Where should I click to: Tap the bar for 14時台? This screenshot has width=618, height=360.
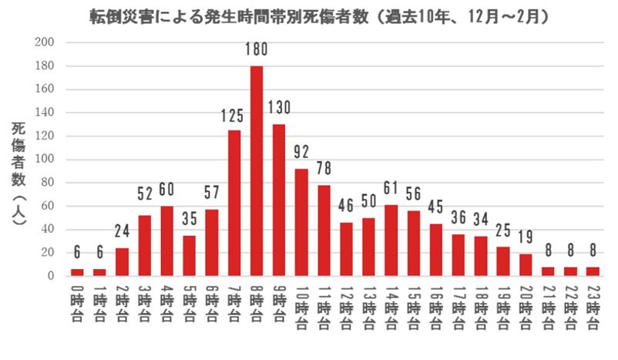click(390, 240)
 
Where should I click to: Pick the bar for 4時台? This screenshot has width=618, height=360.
click(167, 241)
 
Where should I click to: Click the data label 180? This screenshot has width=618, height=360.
click(257, 50)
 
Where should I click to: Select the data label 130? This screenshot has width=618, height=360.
click(279, 108)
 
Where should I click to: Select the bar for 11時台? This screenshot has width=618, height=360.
click(323, 230)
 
